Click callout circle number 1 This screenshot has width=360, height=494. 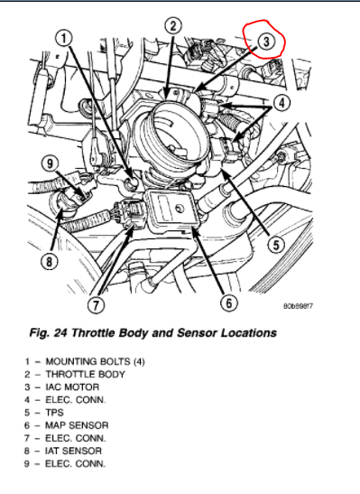coord(64,39)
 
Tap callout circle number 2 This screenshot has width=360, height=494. coord(173,26)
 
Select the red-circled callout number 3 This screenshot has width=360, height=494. coord(266,42)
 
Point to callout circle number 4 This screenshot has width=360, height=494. coord(282,103)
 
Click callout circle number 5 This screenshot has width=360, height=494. coord(276,245)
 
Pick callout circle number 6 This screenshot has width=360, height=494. coord(229,303)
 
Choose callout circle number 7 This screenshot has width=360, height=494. coord(96,304)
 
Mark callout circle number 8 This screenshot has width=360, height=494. coord(50,261)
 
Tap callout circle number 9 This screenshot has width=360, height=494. coord(50,163)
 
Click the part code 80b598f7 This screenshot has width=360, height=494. coord(298,306)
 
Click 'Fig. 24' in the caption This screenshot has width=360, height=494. coord(48,332)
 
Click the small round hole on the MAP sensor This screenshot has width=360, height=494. coord(180,209)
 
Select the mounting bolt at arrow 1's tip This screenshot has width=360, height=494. coord(132,182)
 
